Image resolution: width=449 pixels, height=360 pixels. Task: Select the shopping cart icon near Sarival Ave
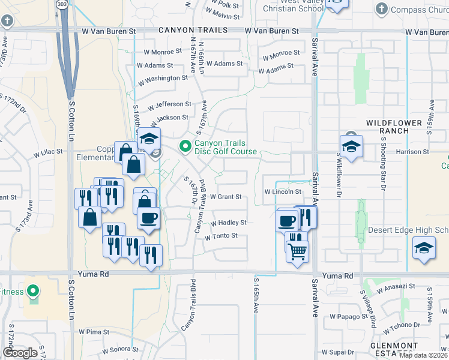pyautogui.click(x=298, y=252)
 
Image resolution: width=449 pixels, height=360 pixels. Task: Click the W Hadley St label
pyautogui.click(x=228, y=223)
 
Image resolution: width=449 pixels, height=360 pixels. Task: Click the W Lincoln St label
pyautogui.click(x=283, y=192)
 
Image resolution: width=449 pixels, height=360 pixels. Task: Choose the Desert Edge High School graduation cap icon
pyautogui.click(x=424, y=247)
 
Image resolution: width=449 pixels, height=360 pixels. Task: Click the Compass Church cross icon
pyautogui.click(x=381, y=9)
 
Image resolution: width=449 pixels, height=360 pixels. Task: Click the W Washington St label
pyautogui.click(x=163, y=79)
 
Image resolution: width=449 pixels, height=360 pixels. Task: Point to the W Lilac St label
pyautogui.click(x=48, y=154)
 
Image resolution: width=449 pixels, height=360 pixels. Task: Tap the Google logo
pyautogui.click(x=20, y=353)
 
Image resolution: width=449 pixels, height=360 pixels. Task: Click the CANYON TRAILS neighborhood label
pyautogui.click(x=193, y=30)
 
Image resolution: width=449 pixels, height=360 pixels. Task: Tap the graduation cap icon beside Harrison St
pyautogui.click(x=351, y=145)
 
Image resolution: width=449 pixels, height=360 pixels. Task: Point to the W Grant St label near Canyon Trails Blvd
pyautogui.click(x=225, y=197)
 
